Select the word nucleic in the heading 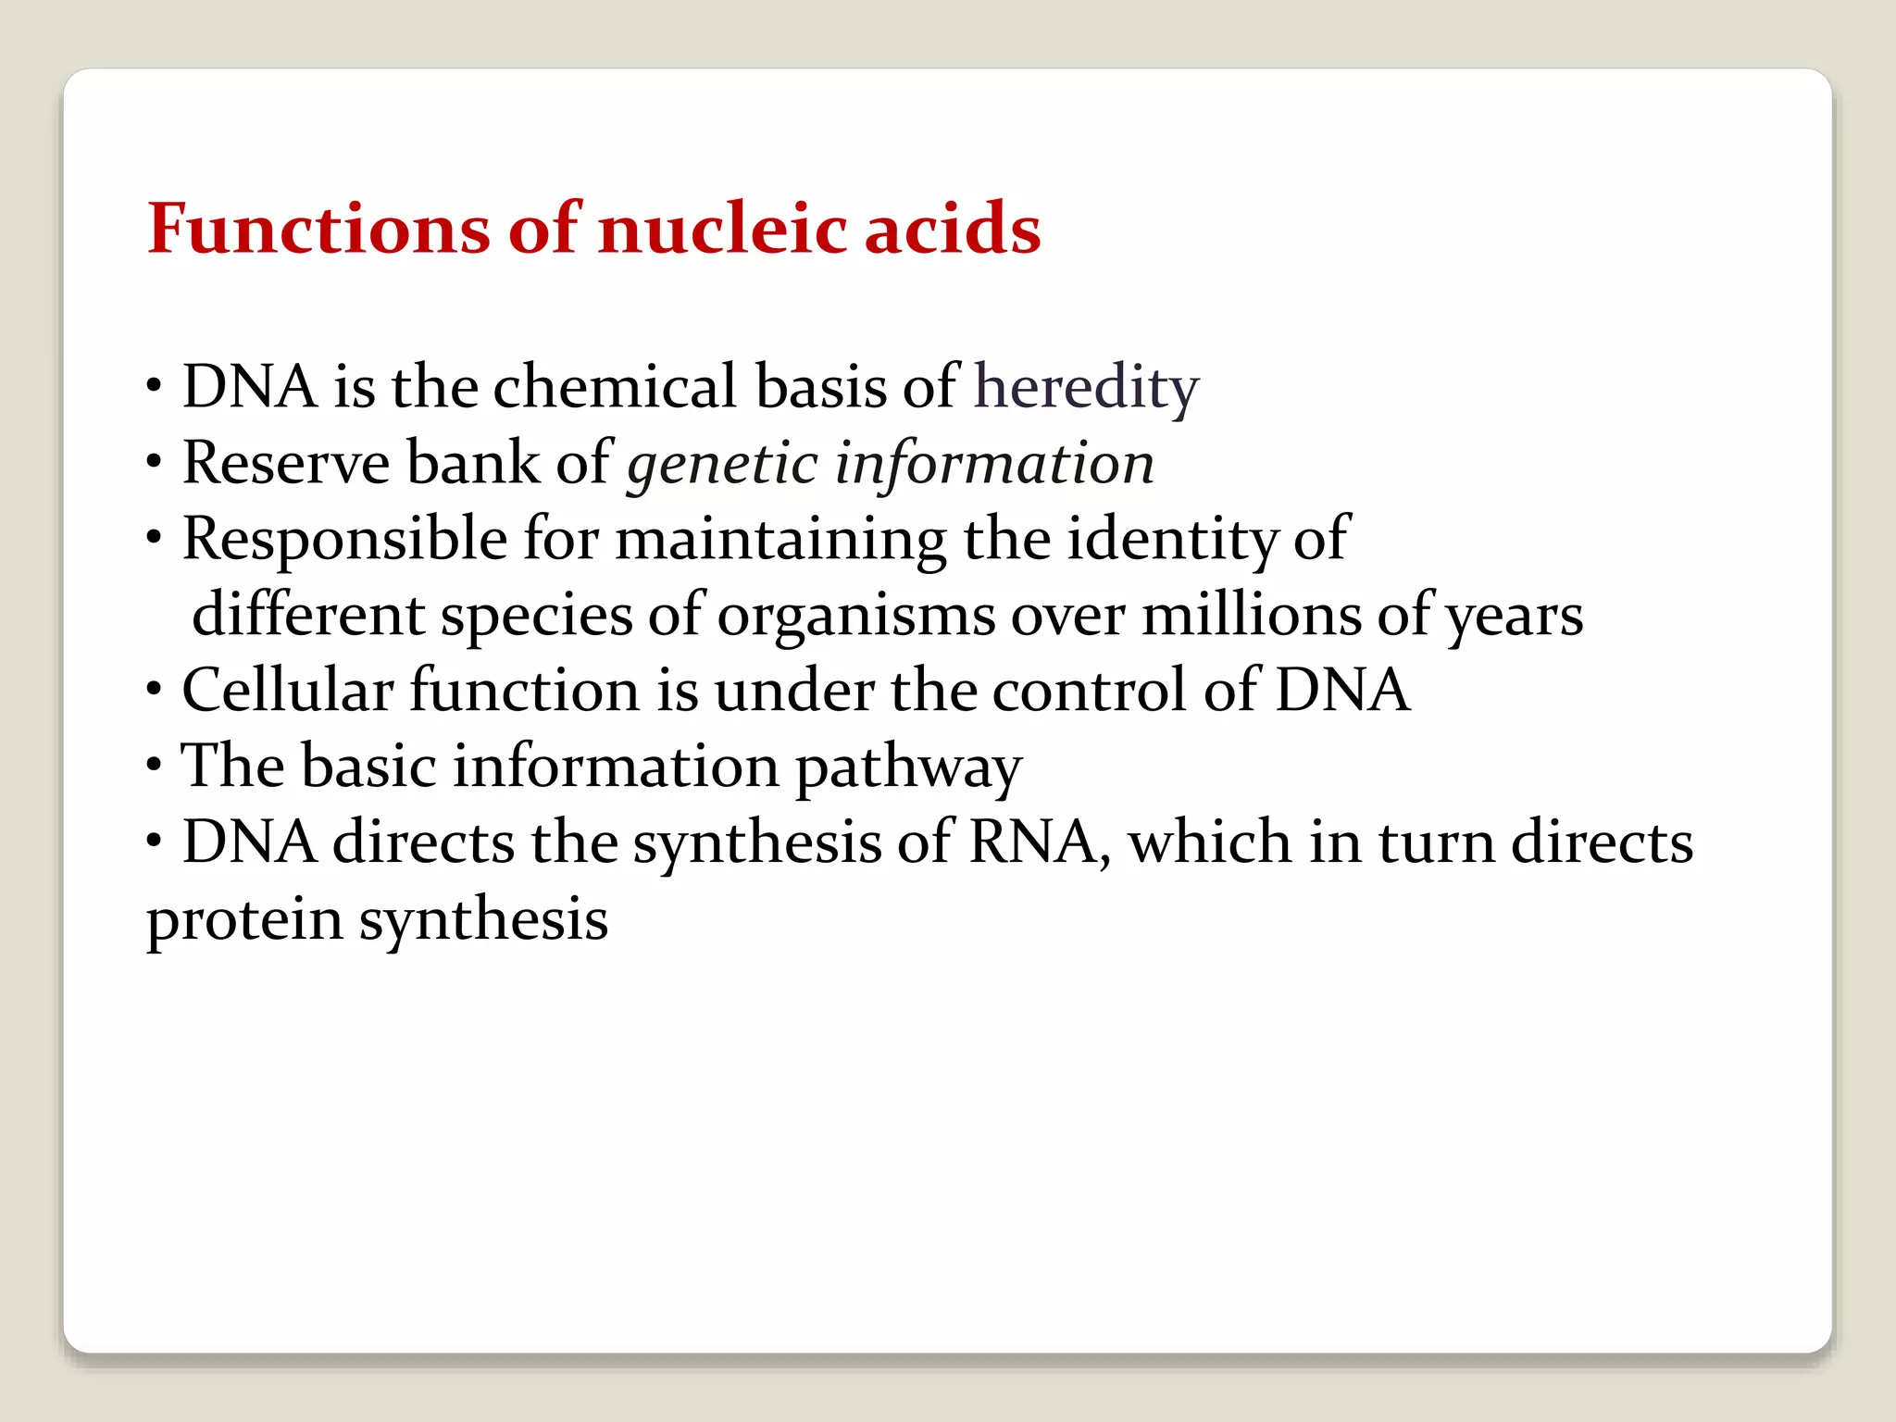721,229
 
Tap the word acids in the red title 953,229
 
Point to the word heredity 1086,388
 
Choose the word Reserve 286,463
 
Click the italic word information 994,463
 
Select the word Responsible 344,540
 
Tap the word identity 1172,540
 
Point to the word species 536,616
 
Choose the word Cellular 287,691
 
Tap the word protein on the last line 244,921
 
